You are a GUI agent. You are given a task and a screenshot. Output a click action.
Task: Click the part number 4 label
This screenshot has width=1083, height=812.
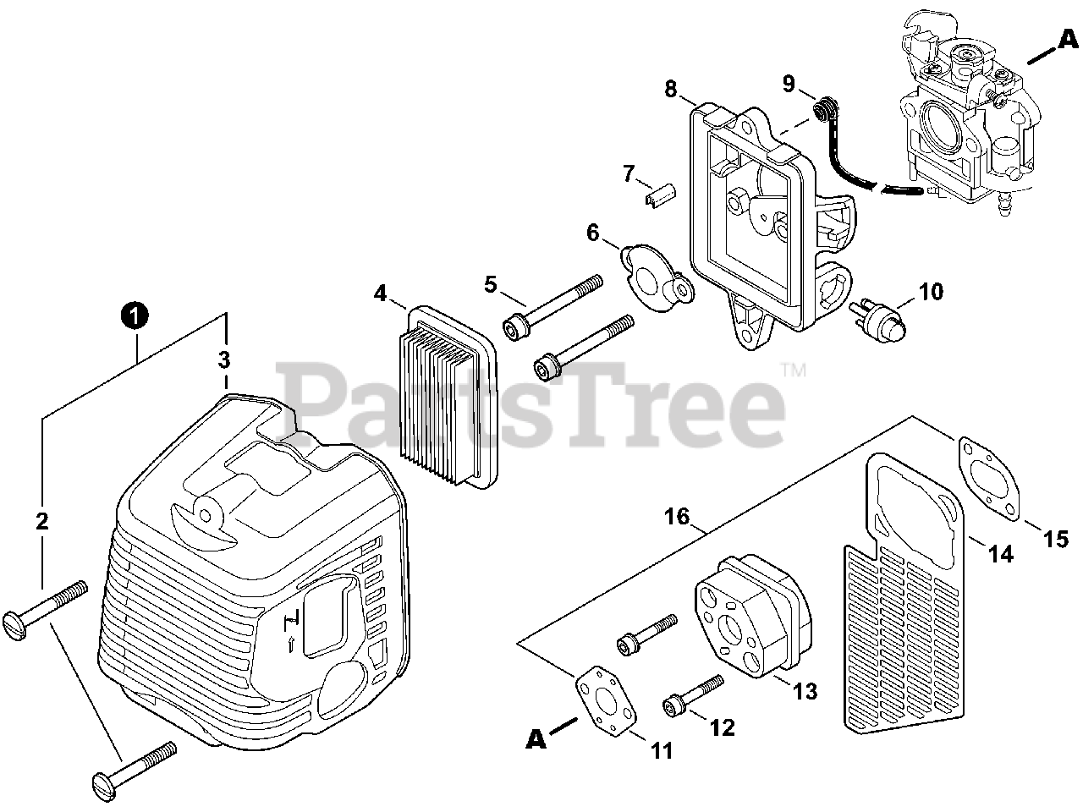380,294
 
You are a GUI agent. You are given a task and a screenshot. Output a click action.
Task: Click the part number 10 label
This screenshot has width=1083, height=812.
930,293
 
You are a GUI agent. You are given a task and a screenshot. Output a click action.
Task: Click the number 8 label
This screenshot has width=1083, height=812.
670,88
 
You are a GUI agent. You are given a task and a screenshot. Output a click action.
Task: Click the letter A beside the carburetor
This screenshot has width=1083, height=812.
1069,38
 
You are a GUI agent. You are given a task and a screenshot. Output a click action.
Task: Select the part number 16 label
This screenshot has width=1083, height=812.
678,517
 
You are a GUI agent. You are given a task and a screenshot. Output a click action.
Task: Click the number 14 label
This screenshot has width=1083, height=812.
1001,554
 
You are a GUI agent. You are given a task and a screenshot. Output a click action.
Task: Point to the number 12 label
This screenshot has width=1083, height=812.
722,727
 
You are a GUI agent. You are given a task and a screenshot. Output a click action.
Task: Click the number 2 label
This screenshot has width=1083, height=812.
42,521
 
